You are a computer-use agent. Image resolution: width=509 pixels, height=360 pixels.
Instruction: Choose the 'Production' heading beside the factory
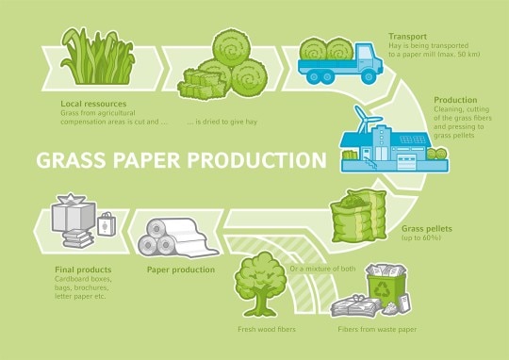point(455,99)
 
